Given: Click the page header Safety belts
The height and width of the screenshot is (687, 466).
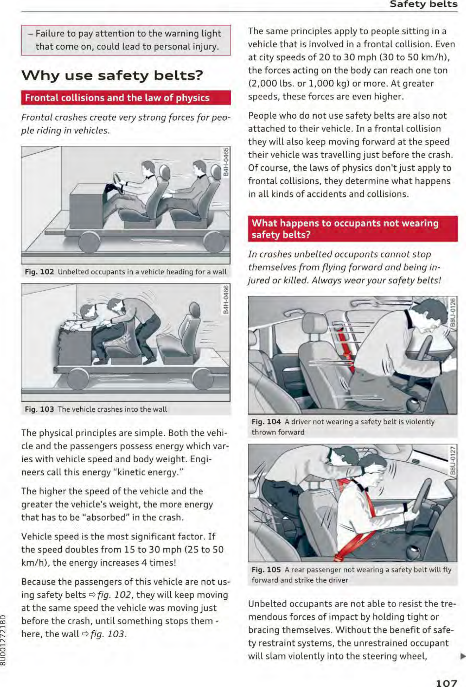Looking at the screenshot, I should [423, 4].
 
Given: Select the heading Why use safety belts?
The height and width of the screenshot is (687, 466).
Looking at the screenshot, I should [112, 76].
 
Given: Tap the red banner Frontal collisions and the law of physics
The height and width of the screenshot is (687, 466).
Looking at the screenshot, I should [126, 98].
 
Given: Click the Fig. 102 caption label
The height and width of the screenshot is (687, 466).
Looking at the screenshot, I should [39, 272].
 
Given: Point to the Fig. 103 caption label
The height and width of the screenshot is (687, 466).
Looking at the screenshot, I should [39, 409].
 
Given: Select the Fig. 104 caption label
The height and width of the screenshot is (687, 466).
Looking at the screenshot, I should [266, 422].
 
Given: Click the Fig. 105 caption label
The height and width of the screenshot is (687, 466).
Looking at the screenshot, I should [266, 570].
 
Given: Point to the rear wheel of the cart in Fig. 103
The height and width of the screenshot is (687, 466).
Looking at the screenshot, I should [203, 379].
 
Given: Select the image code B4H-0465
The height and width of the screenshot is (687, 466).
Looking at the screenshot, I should [227, 162].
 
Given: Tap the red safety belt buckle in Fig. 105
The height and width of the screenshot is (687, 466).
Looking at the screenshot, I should [341, 555].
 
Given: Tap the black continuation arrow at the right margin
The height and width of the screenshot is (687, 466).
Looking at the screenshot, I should [462, 657].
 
